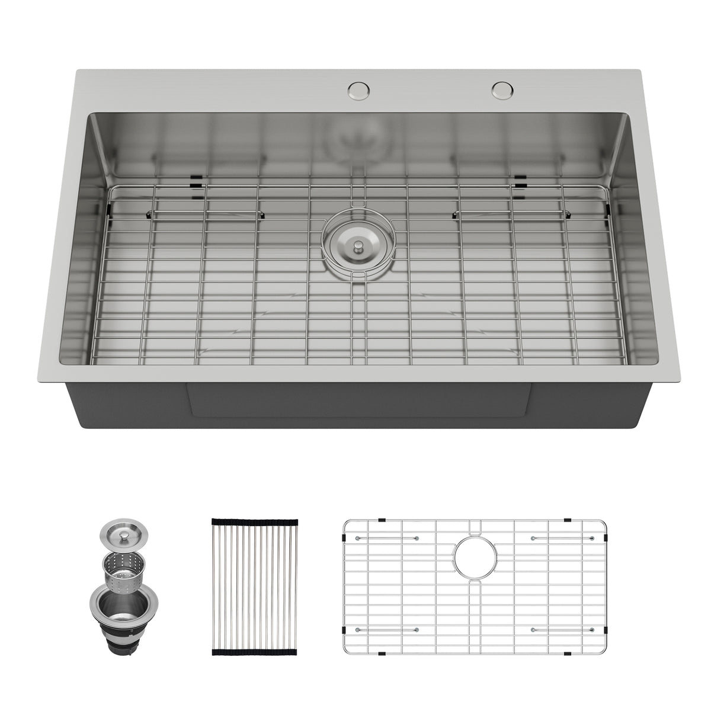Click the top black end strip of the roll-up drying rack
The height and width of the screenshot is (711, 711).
(254, 521)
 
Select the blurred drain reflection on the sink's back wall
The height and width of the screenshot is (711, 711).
(355, 139)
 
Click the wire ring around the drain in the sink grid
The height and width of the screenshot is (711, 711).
(356, 243)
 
